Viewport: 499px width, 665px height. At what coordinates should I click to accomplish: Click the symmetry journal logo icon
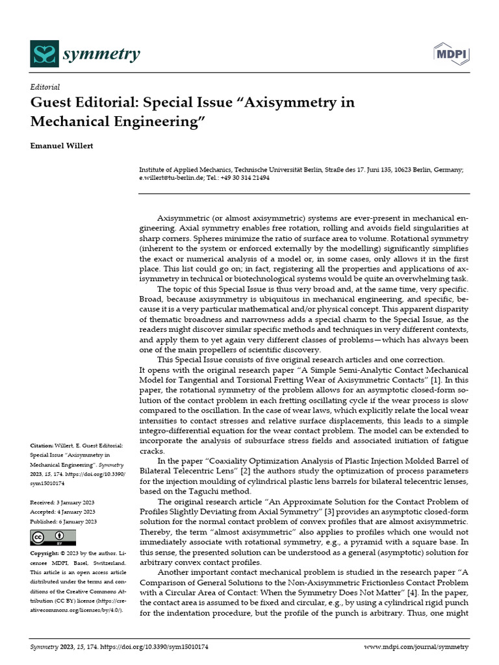point(44,53)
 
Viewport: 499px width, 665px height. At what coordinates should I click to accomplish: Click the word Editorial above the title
point(45,87)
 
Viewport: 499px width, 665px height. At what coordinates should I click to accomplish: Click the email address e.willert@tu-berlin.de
point(170,177)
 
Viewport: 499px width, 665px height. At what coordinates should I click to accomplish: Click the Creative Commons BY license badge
point(53,538)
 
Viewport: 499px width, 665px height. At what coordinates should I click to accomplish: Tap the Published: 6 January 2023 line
point(64,521)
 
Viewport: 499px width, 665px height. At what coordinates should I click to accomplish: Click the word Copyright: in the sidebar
point(47,553)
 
